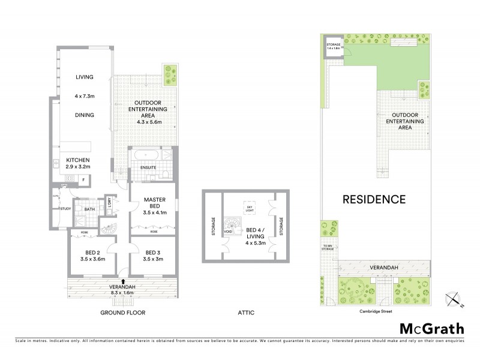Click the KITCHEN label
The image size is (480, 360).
78,160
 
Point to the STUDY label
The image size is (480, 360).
65,208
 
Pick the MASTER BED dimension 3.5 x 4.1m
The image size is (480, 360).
154,212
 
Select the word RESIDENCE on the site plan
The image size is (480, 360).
374,199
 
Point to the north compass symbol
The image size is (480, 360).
455,298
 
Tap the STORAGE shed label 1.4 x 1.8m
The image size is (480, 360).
334,46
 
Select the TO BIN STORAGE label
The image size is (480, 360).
327,247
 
